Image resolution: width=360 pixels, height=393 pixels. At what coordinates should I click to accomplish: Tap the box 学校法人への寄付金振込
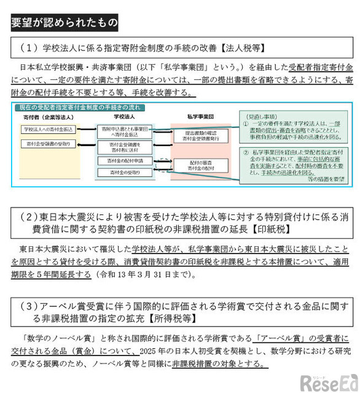click(x=47, y=130)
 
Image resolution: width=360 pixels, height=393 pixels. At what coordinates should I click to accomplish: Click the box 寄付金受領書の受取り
click(x=49, y=143)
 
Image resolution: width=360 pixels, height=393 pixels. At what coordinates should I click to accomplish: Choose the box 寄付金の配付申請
click(x=122, y=160)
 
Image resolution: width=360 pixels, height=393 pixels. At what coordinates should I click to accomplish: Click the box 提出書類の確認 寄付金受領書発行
click(x=198, y=136)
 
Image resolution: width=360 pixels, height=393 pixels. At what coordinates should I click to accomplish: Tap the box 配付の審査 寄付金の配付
click(x=198, y=165)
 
